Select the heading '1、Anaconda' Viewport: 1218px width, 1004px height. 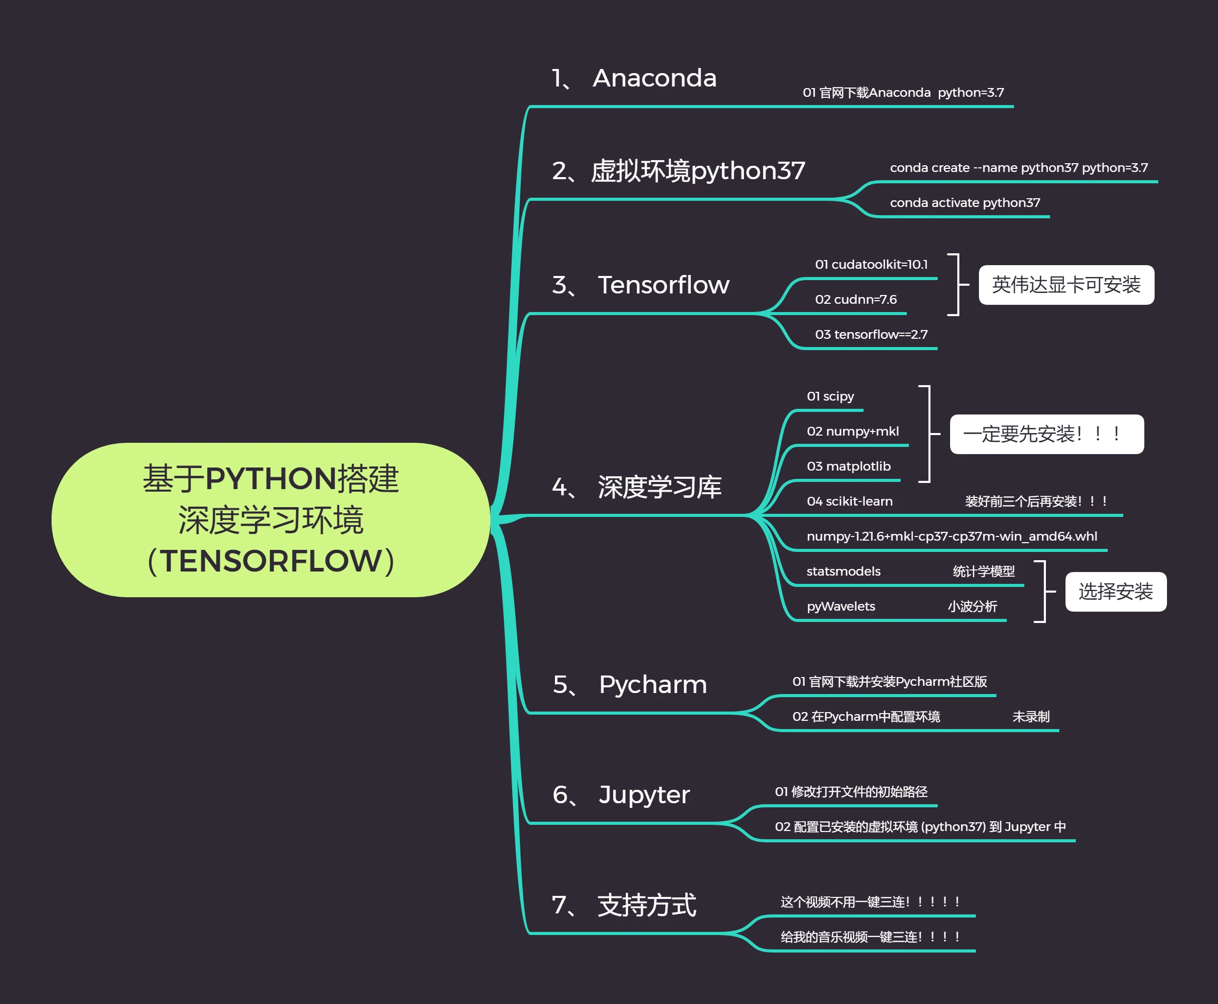coord(634,78)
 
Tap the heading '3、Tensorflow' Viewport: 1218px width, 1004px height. coord(640,285)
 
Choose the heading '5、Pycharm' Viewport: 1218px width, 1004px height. coord(630,684)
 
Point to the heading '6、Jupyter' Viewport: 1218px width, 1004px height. coord(621,794)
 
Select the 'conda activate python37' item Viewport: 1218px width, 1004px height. coord(965,202)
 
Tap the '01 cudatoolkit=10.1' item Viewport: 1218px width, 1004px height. coord(871,264)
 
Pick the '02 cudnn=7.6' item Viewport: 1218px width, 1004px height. coord(856,300)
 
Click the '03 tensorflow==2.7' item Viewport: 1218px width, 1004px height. coord(871,334)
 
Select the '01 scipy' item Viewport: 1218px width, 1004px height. coord(831,396)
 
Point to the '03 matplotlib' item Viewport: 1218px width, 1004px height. coord(848,466)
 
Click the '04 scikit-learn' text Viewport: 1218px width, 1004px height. coord(850,501)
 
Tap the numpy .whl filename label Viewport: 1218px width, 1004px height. coord(951,536)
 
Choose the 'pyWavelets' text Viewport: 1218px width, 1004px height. coord(841,606)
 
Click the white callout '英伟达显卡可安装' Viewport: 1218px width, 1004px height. coord(1066,285)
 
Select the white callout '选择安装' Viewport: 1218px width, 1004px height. coord(1115,591)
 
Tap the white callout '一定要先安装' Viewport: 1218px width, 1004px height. coord(1046,434)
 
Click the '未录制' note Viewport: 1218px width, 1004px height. coord(1030,717)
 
